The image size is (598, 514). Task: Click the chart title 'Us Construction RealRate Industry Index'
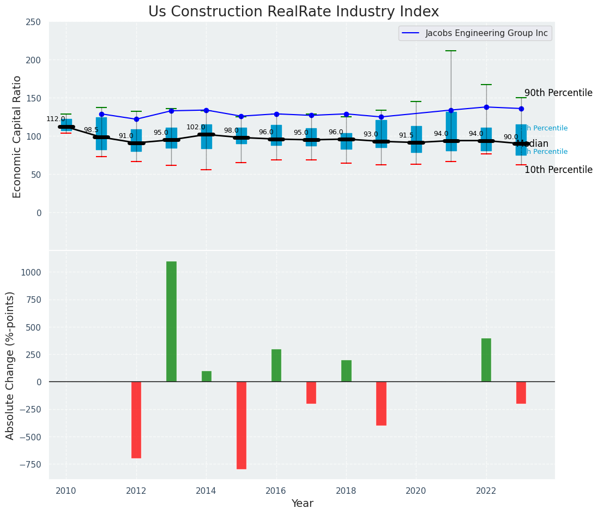pyautogui.click(x=293, y=12)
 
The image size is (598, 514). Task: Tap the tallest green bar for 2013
pyautogui.click(x=171, y=321)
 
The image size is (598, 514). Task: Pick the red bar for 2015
pyautogui.click(x=241, y=425)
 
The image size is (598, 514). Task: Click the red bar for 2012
pyautogui.click(x=136, y=420)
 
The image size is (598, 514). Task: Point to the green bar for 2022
pyautogui.click(x=486, y=360)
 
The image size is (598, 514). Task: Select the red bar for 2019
pyautogui.click(x=381, y=403)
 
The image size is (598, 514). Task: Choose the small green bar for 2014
pyautogui.click(x=207, y=376)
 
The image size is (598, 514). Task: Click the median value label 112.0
pyautogui.click(x=56, y=119)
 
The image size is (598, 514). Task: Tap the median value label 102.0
pyautogui.click(x=196, y=127)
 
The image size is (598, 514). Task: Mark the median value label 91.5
pyautogui.click(x=406, y=135)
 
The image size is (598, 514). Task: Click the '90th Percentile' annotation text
pyautogui.click(x=558, y=93)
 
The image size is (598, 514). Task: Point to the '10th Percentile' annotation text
pyautogui.click(x=558, y=170)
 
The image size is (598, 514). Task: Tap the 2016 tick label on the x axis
pyautogui.click(x=276, y=491)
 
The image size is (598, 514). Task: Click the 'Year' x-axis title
pyautogui.click(x=302, y=504)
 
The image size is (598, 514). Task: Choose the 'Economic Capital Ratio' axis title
pyautogui.click(x=17, y=136)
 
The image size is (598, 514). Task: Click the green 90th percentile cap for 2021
pyautogui.click(x=451, y=51)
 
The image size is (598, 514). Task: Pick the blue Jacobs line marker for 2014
pyautogui.click(x=206, y=110)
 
